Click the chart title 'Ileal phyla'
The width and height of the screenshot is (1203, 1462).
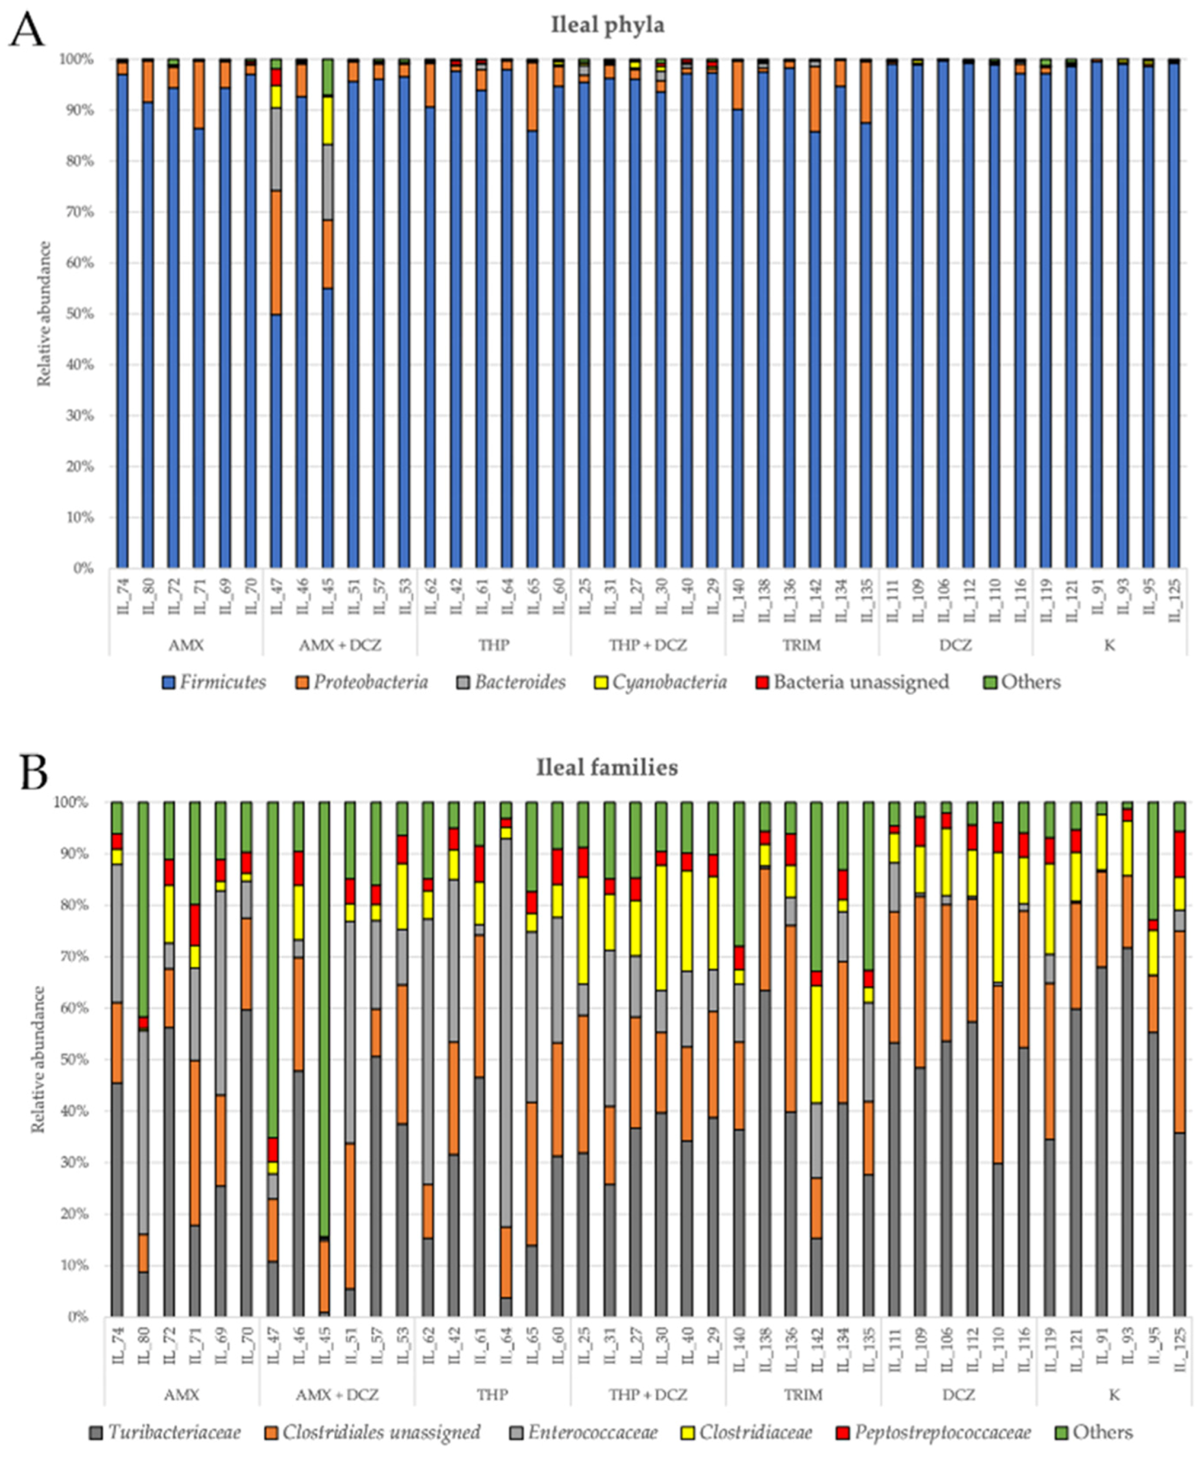tap(607, 25)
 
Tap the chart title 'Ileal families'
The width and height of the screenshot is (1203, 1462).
tap(607, 768)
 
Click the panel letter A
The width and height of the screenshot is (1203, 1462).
tap(26, 31)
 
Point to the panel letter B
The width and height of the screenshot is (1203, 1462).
tap(33, 773)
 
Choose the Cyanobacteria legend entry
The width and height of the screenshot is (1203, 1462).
tap(661, 682)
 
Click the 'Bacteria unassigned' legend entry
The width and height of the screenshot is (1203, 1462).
tap(853, 682)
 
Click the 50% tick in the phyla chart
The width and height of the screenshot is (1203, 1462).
tap(79, 314)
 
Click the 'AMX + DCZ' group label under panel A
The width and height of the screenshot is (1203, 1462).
tap(340, 645)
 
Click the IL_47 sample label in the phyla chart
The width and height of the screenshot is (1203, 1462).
tap(276, 597)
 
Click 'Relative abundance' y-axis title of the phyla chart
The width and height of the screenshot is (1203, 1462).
tap(44, 314)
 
